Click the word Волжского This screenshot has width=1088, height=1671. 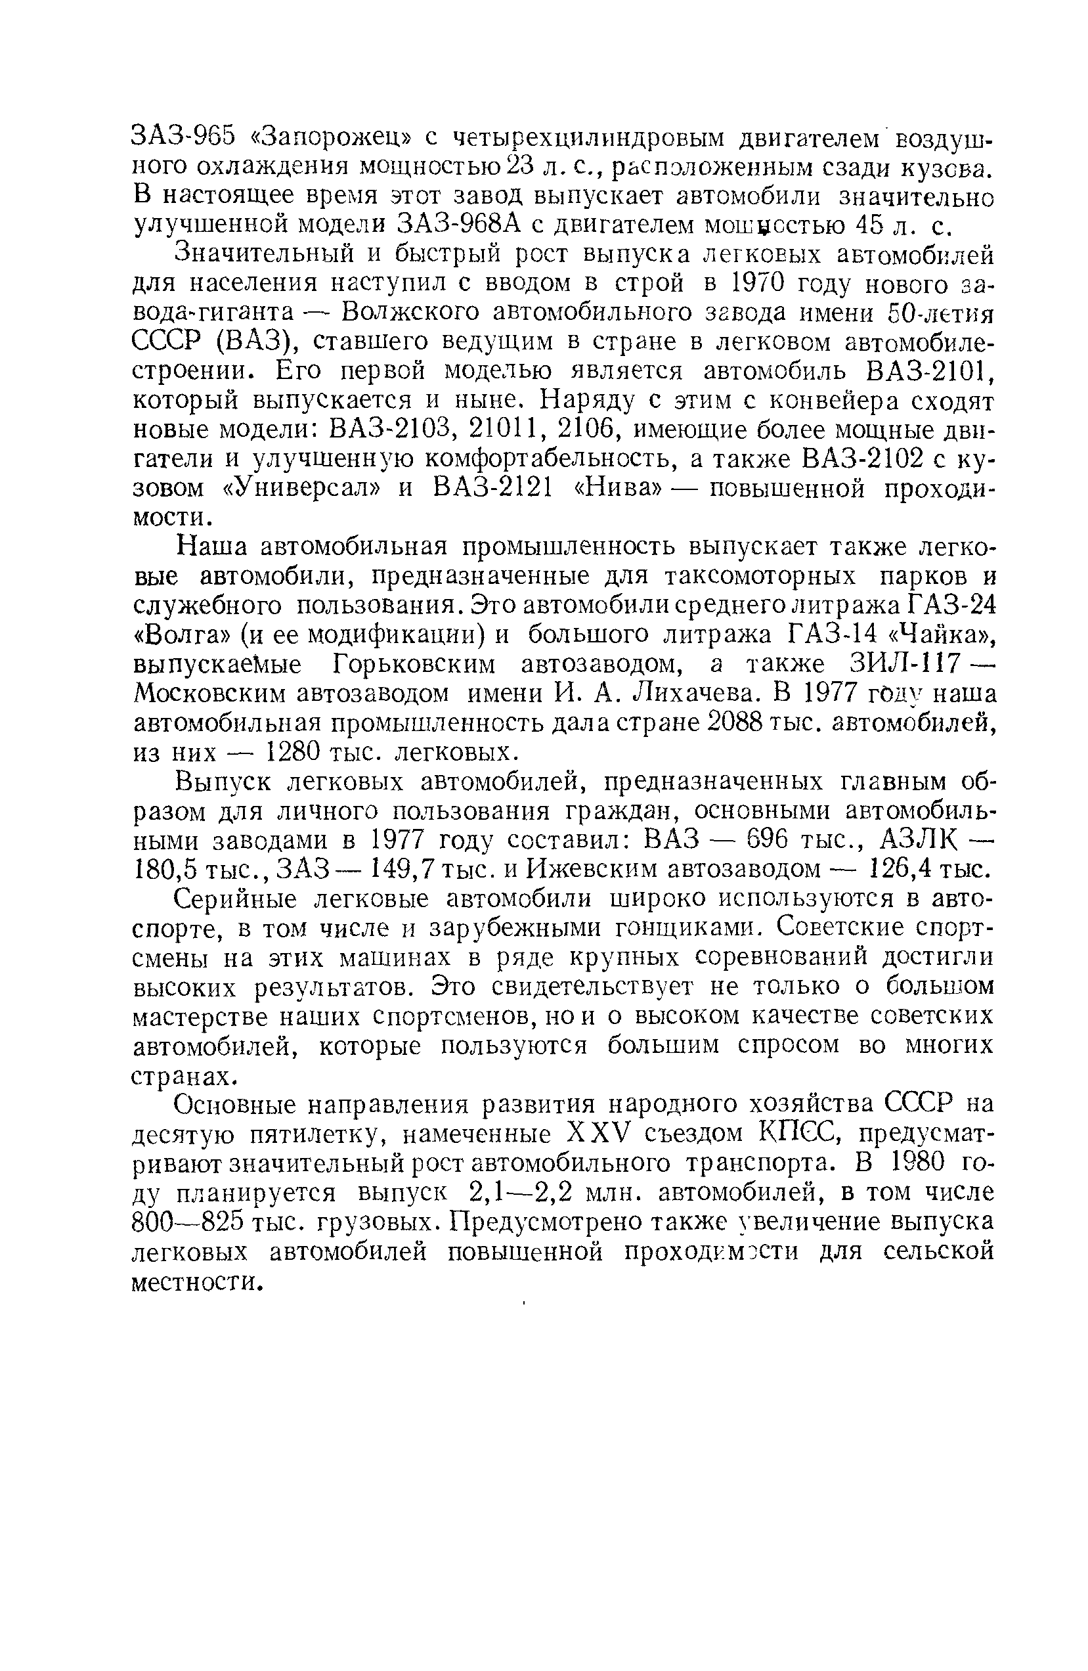(403, 313)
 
